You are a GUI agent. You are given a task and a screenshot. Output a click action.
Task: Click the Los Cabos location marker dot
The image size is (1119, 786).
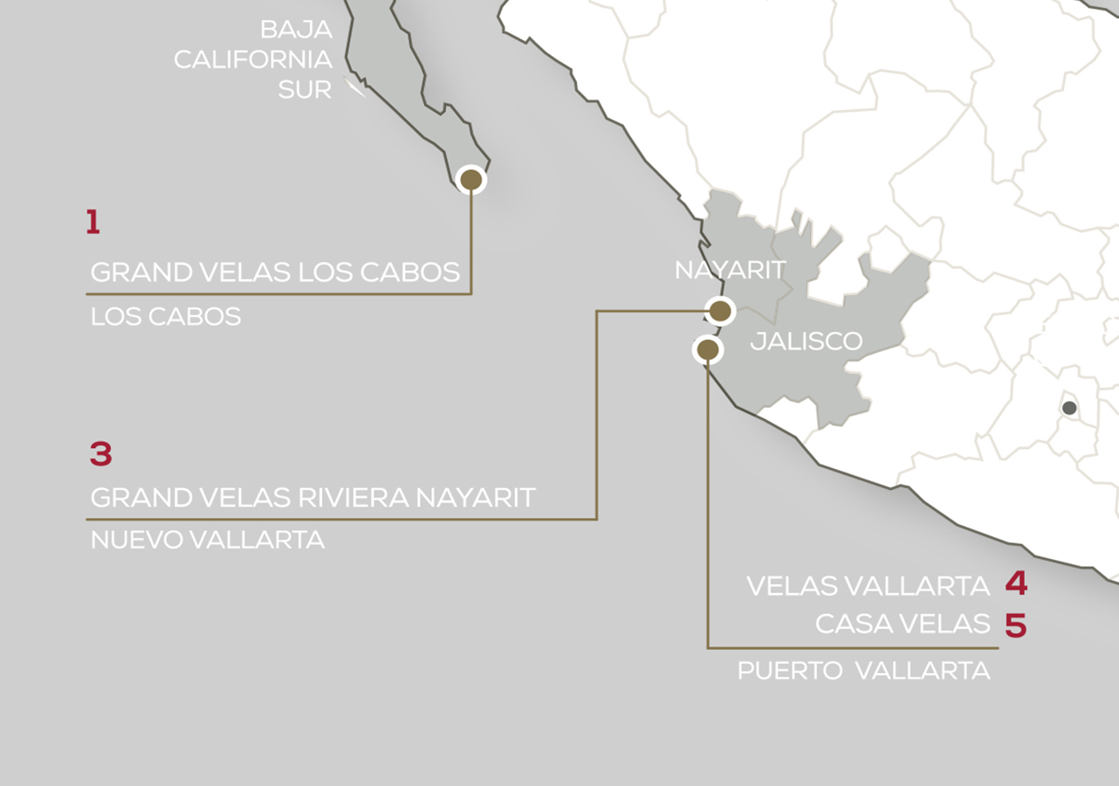pyautogui.click(x=471, y=180)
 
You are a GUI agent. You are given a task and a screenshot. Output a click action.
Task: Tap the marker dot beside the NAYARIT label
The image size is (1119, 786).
pyautogui.click(x=720, y=311)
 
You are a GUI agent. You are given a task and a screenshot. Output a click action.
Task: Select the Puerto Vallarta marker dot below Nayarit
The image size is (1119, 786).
pyautogui.click(x=708, y=350)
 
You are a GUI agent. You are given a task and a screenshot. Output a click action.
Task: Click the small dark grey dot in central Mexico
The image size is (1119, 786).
pyautogui.click(x=1069, y=408)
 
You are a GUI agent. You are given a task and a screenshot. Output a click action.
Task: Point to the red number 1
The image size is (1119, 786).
pyautogui.click(x=93, y=223)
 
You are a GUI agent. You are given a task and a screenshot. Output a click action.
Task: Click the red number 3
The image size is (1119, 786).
pyautogui.click(x=101, y=454)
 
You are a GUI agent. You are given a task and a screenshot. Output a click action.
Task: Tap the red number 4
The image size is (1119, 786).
pyautogui.click(x=1015, y=583)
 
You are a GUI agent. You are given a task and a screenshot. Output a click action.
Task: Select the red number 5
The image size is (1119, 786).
pyautogui.click(x=1015, y=625)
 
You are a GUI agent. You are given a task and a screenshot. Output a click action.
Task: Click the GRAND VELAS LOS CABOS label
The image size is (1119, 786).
pyautogui.click(x=275, y=272)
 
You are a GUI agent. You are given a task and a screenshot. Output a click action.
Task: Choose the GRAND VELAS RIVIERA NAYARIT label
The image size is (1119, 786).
pyautogui.click(x=312, y=498)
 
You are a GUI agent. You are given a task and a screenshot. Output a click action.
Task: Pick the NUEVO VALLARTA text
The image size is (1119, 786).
pyautogui.click(x=208, y=540)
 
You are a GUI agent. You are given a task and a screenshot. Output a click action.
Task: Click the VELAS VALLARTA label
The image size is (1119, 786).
pyautogui.click(x=868, y=586)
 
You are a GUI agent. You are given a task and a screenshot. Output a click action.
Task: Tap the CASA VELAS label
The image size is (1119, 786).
pyautogui.click(x=902, y=624)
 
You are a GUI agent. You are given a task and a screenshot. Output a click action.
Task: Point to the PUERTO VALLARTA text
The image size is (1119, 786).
pyautogui.click(x=863, y=671)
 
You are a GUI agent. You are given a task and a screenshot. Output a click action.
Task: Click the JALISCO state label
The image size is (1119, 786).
pyautogui.click(x=806, y=341)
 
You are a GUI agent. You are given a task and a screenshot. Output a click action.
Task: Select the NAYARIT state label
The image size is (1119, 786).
pyautogui.click(x=730, y=271)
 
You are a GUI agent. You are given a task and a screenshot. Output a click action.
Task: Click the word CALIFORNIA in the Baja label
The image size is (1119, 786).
pyautogui.click(x=252, y=59)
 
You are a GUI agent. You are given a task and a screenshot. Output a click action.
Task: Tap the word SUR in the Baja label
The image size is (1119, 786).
pyautogui.click(x=305, y=89)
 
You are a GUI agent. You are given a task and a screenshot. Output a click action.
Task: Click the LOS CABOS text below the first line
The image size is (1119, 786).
pyautogui.click(x=166, y=316)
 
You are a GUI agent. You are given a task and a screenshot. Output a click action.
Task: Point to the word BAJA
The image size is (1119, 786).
pyautogui.click(x=296, y=30)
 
